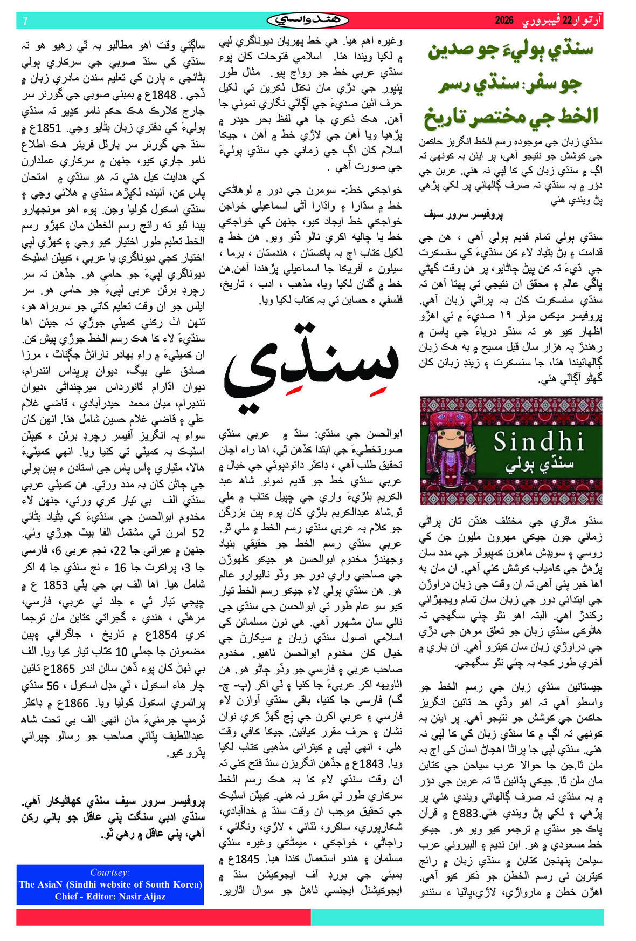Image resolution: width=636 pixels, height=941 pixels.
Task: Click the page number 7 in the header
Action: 25,21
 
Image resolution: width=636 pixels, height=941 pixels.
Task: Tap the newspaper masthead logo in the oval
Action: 308,21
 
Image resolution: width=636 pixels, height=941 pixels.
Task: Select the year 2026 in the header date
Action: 504,21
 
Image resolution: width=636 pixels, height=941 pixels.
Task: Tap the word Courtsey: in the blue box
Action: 110,872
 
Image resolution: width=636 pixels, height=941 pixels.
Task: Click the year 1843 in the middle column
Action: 371,764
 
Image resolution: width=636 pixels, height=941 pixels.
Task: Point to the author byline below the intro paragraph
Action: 464,215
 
